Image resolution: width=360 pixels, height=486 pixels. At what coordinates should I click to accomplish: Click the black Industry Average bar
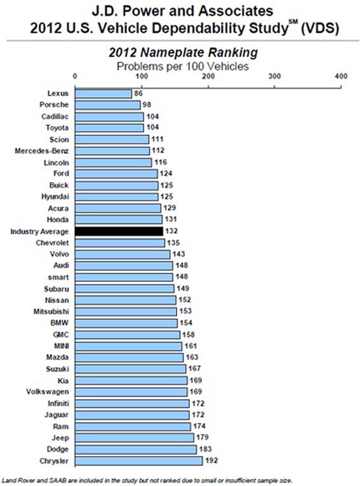(119, 231)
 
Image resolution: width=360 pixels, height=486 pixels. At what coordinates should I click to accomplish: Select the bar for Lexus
(103, 93)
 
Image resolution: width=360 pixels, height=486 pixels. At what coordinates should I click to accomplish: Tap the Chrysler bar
(139, 461)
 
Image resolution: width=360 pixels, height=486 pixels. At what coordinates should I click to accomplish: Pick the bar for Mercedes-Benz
(112, 151)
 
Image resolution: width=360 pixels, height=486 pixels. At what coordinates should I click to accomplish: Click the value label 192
(211, 461)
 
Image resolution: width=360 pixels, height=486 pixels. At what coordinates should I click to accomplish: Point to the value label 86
(138, 93)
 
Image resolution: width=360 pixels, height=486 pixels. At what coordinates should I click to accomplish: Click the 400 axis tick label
(341, 76)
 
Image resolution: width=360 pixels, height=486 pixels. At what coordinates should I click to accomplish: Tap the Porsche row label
(54, 105)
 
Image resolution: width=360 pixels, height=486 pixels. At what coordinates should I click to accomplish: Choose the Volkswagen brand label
(48, 392)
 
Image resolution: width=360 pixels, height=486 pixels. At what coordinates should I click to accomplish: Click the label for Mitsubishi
(51, 311)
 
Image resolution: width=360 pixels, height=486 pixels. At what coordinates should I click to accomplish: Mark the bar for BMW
(126, 323)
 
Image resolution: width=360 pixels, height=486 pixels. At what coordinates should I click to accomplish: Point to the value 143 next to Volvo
(179, 254)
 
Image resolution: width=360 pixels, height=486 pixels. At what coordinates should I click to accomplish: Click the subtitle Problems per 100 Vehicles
(183, 66)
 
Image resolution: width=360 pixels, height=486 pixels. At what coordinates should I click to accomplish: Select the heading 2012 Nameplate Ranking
(183, 52)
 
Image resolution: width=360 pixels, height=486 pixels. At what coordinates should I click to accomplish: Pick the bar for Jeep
(135, 438)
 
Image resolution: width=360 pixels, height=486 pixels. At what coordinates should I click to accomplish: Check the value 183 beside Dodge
(206, 449)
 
